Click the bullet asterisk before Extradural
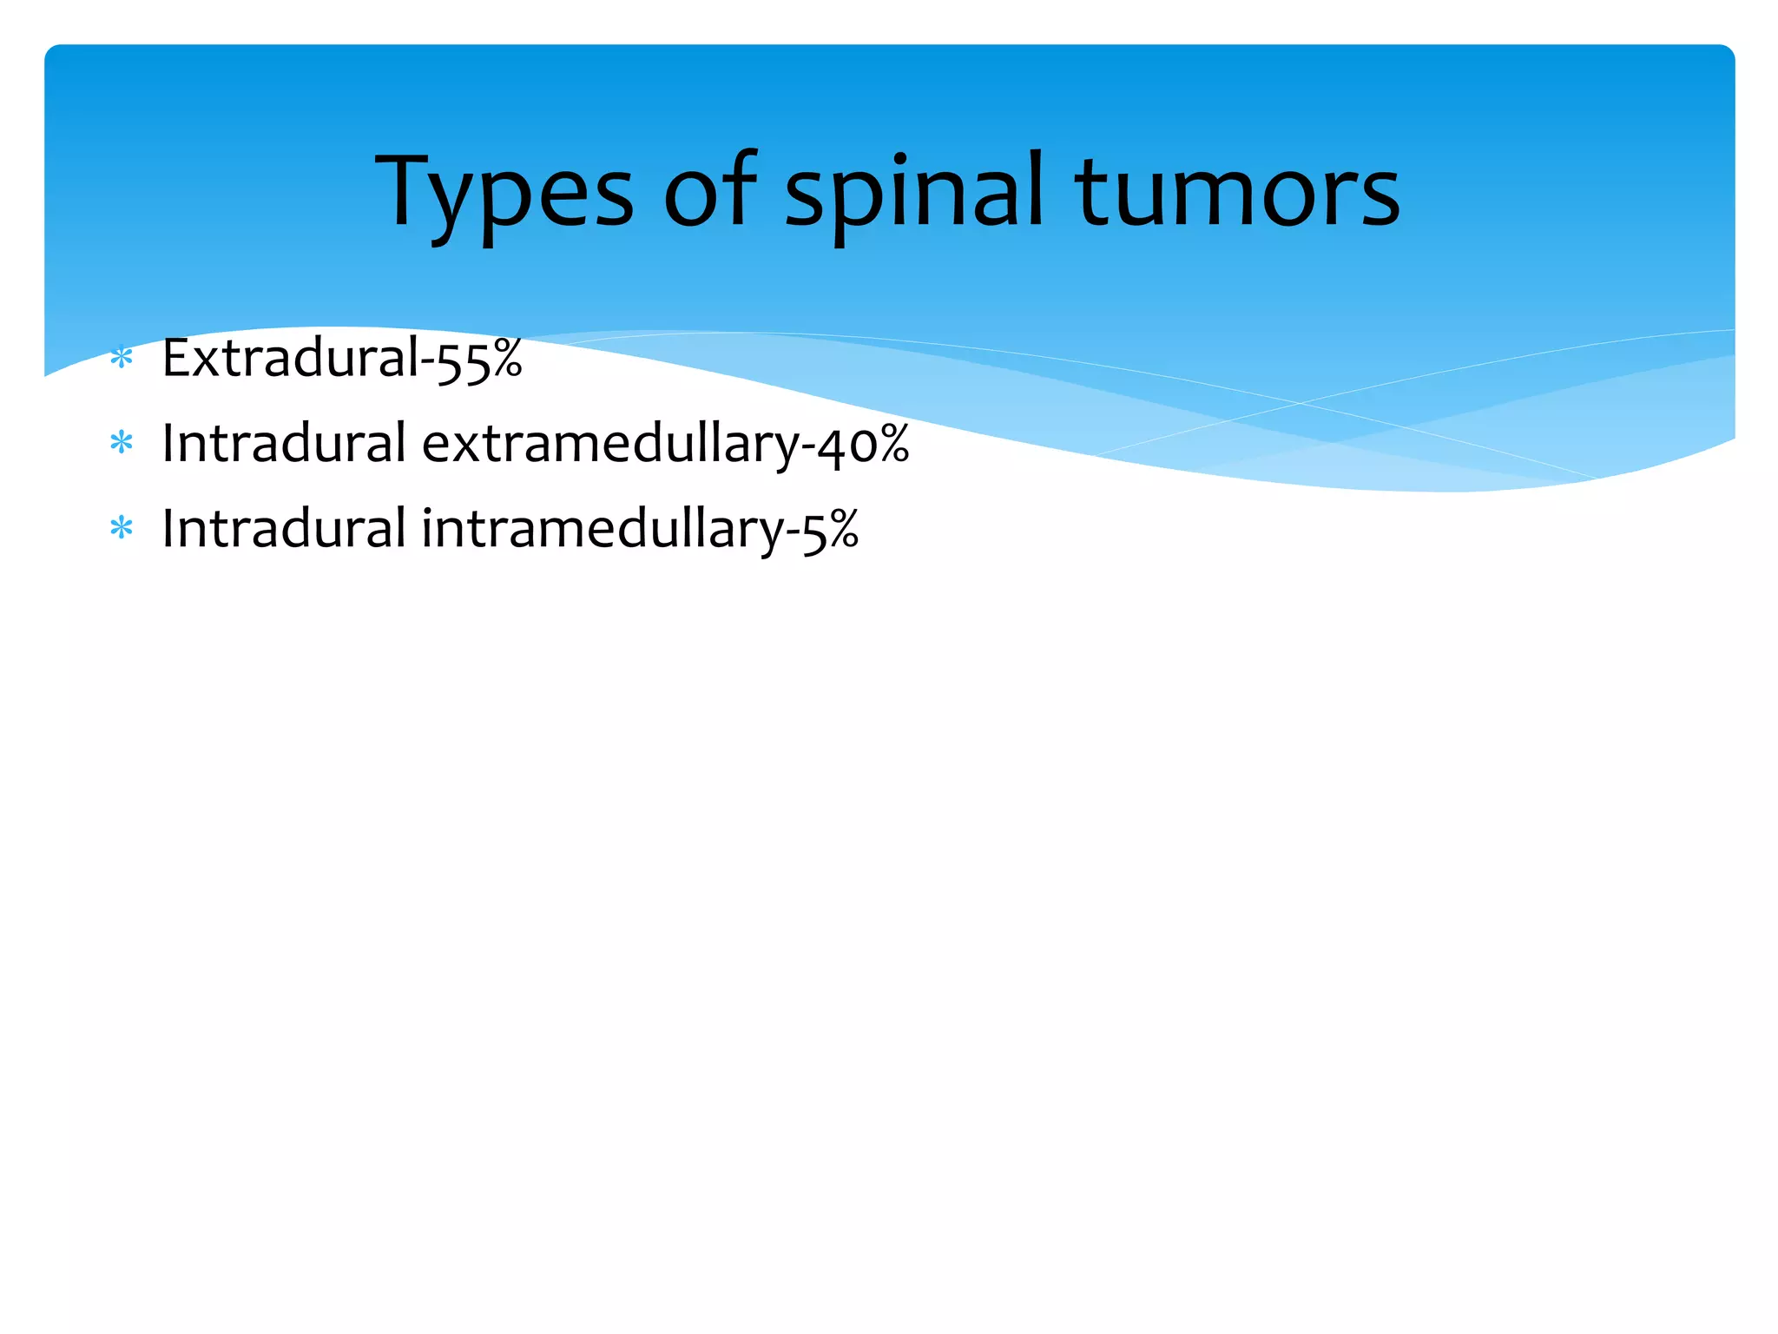122,358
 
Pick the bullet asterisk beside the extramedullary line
122,444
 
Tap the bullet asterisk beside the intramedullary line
122,528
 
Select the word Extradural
291,357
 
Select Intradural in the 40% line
284,443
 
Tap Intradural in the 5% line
284,528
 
